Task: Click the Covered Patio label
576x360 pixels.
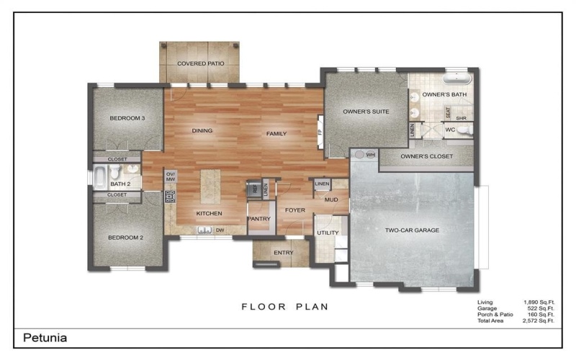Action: tap(201, 64)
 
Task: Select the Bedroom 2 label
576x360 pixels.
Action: tap(126, 238)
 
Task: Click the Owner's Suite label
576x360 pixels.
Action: tap(366, 112)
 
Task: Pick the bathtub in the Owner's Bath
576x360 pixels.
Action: tap(456, 78)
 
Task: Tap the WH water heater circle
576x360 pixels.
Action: tap(359, 154)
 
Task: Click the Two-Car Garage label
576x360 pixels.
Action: tap(411, 230)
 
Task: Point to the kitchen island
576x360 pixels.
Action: tap(210, 186)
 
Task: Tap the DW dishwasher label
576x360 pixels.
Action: tap(220, 230)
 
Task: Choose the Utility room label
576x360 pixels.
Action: tap(327, 233)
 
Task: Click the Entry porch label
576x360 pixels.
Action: tap(283, 253)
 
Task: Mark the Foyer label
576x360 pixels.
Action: tap(295, 211)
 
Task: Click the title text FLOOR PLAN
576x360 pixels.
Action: tap(284, 307)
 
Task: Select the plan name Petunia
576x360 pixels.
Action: tap(46, 337)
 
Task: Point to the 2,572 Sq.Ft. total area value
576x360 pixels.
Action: tap(538, 321)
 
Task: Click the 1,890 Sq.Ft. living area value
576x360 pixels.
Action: tap(538, 302)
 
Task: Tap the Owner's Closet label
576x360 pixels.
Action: tap(425, 156)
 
